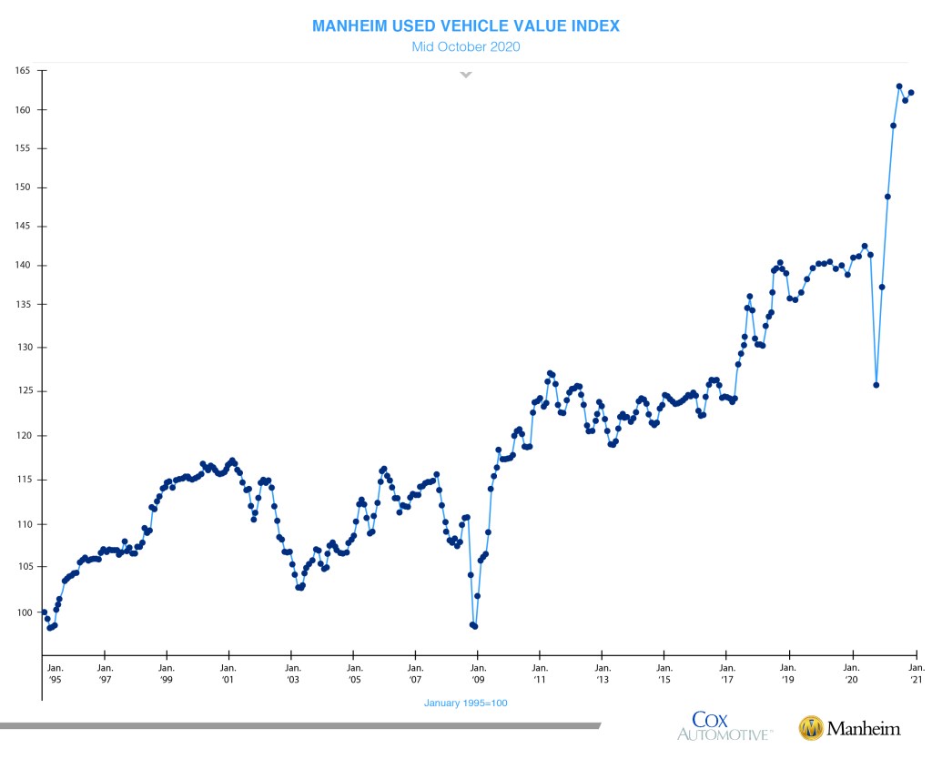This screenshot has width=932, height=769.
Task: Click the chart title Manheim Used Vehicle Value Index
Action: (465, 25)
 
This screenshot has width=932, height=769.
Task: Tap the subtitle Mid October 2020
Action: (465, 46)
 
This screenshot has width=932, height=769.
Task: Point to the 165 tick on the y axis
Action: (23, 70)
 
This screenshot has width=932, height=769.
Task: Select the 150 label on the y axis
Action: (23, 187)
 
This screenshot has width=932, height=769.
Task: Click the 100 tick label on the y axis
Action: (23, 612)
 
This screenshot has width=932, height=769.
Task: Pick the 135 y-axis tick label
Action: (23, 306)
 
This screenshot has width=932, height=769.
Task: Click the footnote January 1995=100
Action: (465, 703)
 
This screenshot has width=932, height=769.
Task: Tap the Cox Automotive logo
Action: (724, 726)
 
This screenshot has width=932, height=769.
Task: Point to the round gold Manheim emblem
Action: (811, 728)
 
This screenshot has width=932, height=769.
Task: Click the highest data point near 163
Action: (899, 86)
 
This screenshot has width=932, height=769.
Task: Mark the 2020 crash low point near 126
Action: (876, 385)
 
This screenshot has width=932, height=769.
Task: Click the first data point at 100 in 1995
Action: (44, 612)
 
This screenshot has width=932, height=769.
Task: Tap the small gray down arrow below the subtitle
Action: (466, 75)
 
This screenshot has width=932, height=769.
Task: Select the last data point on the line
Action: (911, 92)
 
